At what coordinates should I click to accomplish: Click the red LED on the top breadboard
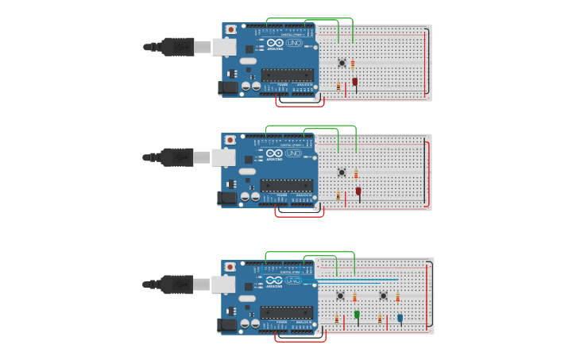355,81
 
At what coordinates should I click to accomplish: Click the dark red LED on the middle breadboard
358,191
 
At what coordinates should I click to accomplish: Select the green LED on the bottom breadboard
357,315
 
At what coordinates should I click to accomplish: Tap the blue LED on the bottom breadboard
400,318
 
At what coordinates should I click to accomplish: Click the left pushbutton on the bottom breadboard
340,296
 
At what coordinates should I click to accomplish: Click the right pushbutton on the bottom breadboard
383,296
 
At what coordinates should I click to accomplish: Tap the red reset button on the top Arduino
230,30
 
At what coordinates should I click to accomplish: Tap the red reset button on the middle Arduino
230,140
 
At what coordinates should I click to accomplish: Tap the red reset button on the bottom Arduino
230,267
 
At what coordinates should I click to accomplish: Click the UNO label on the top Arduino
294,43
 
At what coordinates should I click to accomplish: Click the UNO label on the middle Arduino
293,153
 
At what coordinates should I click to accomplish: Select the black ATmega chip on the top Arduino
287,75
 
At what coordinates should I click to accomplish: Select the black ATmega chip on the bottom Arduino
286,312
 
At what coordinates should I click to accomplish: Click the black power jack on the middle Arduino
227,198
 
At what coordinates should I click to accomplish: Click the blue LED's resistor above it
398,297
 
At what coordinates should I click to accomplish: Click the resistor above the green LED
355,297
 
